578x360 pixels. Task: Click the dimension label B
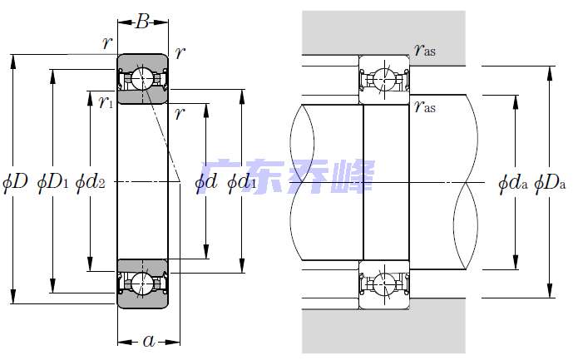pyautogui.click(x=142, y=22)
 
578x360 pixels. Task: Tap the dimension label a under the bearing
pyautogui.click(x=149, y=341)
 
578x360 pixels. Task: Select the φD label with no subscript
pyautogui.click(x=15, y=181)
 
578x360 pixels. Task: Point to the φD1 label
pyautogui.click(x=52, y=181)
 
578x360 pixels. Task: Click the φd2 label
pyautogui.click(x=91, y=181)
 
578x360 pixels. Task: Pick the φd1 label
pyautogui.click(x=242, y=181)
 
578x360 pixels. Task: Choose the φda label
pyautogui.click(x=513, y=182)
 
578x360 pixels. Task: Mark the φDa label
pyautogui.click(x=550, y=182)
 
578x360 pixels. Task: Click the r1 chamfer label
pyautogui.click(x=106, y=101)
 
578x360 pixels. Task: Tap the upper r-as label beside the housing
pyautogui.click(x=425, y=49)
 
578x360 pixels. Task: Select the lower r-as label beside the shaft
pyautogui.click(x=425, y=106)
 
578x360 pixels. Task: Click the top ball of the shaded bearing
pyautogui.click(x=142, y=79)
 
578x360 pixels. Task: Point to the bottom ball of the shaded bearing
pyautogui.click(x=142, y=284)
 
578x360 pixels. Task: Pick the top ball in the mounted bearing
pyautogui.click(x=383, y=79)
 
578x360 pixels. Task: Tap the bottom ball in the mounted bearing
pyautogui.click(x=383, y=284)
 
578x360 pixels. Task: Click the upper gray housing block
pyautogui.click(x=383, y=33)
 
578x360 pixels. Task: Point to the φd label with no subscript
pyautogui.click(x=205, y=181)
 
